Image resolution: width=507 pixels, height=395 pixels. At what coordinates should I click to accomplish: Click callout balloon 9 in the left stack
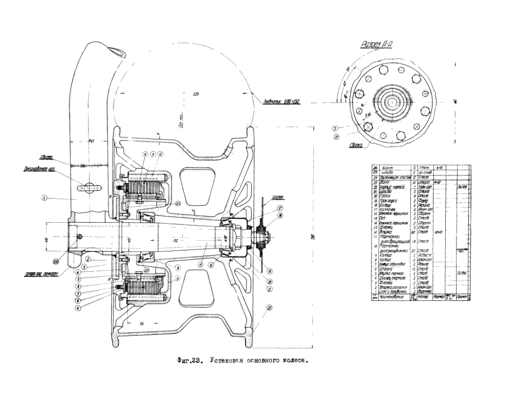(77, 308)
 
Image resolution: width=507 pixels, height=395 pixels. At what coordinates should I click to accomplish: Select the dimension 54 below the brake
(142, 322)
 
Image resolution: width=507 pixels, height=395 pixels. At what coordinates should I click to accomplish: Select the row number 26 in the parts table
(374, 168)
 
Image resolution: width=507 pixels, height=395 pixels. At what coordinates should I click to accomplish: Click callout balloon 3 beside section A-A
(335, 127)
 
